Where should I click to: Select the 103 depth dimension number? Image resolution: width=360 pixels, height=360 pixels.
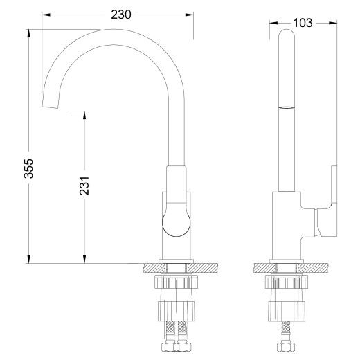tap(302, 23)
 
